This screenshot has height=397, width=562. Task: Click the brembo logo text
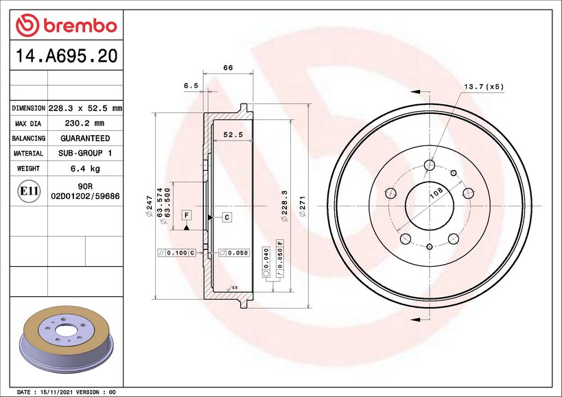[81, 26]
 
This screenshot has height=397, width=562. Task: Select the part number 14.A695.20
[67, 56]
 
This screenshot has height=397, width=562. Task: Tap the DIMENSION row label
[29, 108]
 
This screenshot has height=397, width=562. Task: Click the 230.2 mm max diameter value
[84, 123]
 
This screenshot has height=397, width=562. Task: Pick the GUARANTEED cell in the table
[85, 139]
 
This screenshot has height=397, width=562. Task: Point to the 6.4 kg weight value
[85, 168]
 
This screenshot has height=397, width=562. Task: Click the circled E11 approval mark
[29, 191]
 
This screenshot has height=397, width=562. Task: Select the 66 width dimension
[228, 67]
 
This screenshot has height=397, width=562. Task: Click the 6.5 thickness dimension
[191, 86]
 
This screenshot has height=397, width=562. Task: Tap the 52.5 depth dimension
[233, 134]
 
